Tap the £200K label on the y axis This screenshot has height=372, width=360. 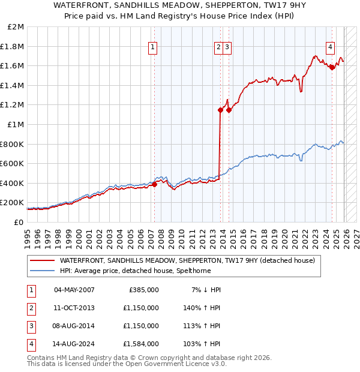point(13,203)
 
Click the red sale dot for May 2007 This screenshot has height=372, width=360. point(154,185)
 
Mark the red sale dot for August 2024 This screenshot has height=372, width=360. point(332,67)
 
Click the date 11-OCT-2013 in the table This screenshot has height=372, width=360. point(74,308)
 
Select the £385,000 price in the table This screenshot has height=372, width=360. point(144,289)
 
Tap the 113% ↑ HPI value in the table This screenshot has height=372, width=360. point(203,326)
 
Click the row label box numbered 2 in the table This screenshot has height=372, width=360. point(30,308)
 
